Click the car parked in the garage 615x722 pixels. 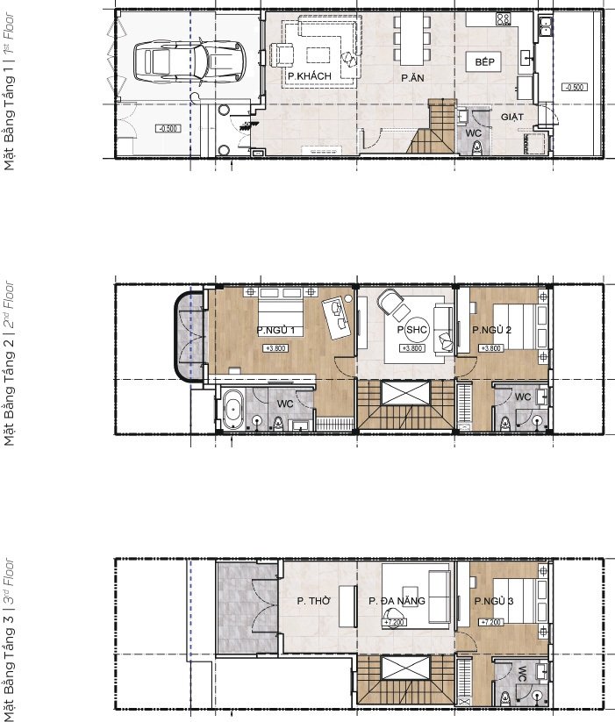click(x=183, y=61)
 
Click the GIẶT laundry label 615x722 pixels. click(x=512, y=116)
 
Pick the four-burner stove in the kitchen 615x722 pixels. click(x=504, y=18)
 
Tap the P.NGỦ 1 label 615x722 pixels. click(x=275, y=331)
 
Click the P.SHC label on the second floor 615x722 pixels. click(x=411, y=330)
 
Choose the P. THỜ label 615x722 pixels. click(x=311, y=601)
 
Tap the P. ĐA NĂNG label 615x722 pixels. click(x=397, y=601)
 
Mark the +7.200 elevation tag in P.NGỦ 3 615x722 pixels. click(x=490, y=622)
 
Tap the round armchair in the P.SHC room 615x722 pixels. click(x=392, y=304)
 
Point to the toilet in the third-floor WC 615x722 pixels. click(x=506, y=698)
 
